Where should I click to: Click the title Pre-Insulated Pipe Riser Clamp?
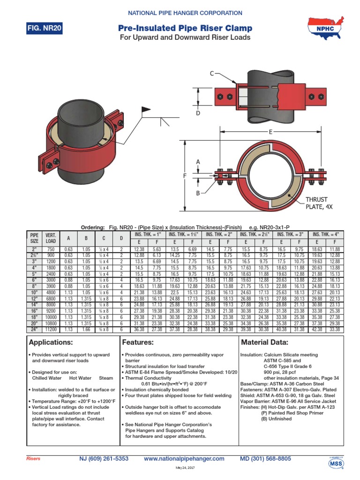(185, 29)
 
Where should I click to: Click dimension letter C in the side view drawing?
(211, 74)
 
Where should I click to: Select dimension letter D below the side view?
(198, 113)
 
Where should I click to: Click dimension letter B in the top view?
(198, 193)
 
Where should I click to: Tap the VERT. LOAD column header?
(50, 238)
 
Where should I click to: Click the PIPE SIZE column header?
(34, 238)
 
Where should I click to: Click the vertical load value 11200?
(50, 330)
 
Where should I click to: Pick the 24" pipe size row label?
(34, 330)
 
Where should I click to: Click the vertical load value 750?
(50, 249)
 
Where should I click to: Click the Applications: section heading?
(51, 342)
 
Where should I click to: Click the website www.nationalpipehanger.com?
(184, 458)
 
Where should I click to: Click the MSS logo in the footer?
(335, 462)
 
